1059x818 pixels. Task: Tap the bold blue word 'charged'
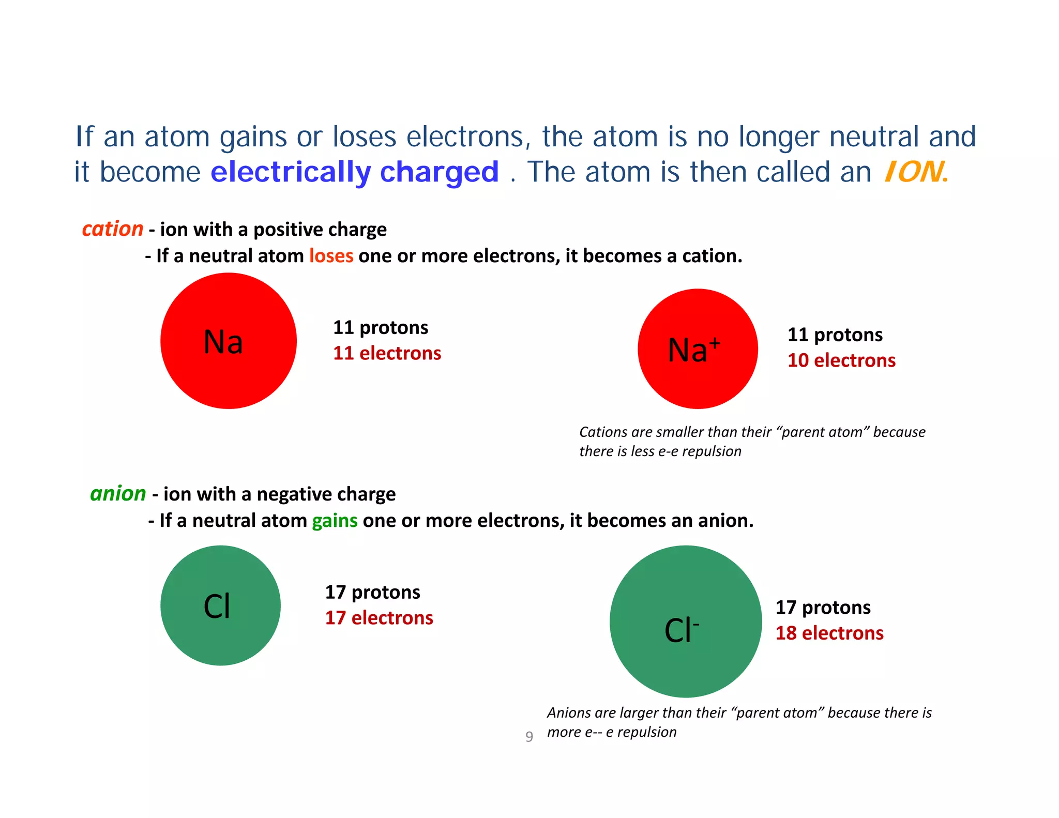[440, 172]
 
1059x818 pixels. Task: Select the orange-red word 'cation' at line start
[112, 229]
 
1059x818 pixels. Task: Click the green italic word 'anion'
[118, 493]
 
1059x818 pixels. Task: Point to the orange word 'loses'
[331, 256]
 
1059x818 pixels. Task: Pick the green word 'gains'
[335, 520]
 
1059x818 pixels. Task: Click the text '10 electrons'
[841, 360]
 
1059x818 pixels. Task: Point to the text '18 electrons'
[829, 633]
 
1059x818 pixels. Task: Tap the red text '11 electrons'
[387, 353]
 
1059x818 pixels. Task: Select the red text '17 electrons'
[379, 618]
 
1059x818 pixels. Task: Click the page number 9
[529, 736]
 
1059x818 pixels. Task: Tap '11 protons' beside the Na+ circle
[835, 335]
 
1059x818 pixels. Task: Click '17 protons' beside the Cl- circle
[823, 607]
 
